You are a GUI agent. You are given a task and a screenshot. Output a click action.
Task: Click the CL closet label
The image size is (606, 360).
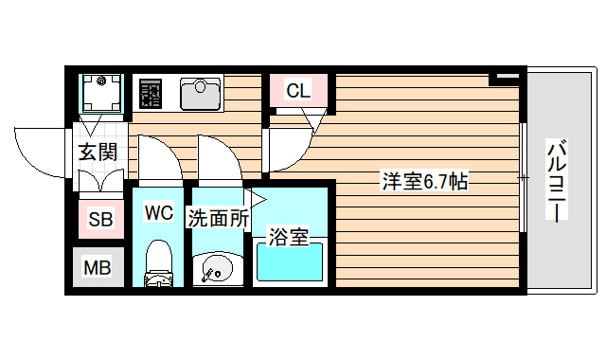click(x=298, y=91)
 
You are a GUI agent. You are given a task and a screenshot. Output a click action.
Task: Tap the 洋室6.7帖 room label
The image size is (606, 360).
click(x=425, y=179)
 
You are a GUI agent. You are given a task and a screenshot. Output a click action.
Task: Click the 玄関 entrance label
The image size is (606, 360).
click(x=98, y=152)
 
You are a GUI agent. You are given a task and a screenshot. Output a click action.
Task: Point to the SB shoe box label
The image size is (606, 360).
click(x=99, y=221)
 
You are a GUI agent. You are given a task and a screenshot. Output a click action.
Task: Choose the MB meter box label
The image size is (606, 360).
click(x=98, y=268)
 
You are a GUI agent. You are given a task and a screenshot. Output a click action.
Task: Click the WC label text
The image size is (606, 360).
click(x=158, y=213)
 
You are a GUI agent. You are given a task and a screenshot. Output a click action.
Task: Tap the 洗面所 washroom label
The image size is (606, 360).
click(x=219, y=218)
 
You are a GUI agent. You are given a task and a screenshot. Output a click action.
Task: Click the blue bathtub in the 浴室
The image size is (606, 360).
click(x=290, y=264)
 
